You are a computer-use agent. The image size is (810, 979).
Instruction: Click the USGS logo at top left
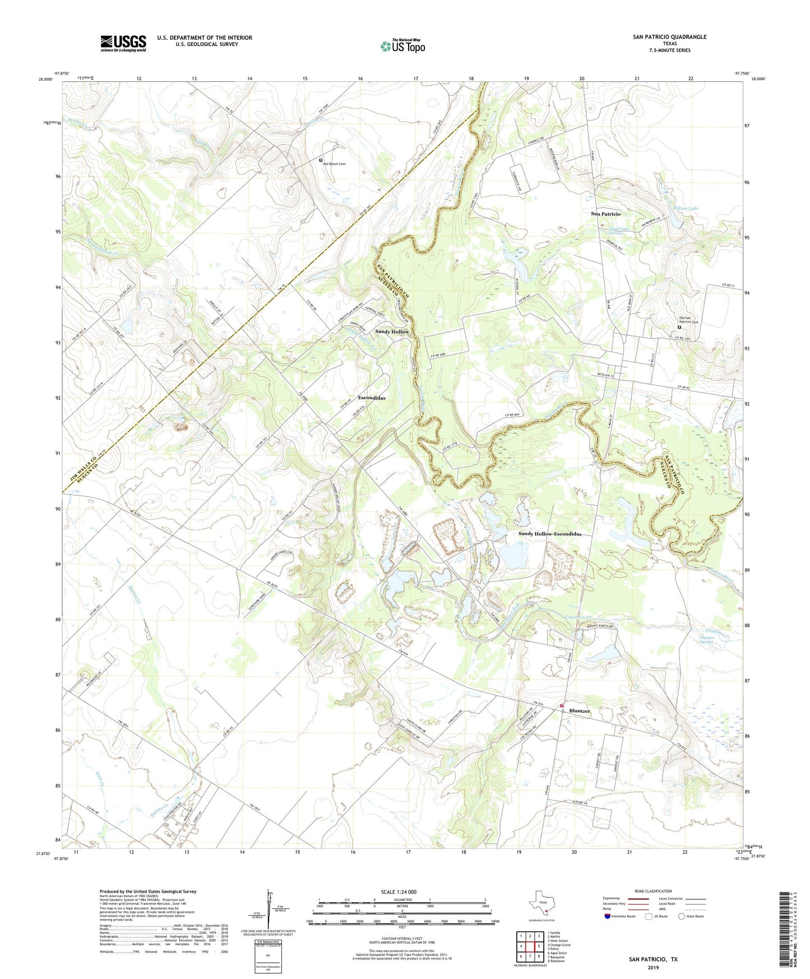(123, 43)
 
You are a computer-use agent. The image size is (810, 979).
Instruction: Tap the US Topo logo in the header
(402, 46)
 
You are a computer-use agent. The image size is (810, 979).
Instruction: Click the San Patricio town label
(605, 214)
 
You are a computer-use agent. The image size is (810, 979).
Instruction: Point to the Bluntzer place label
(580, 711)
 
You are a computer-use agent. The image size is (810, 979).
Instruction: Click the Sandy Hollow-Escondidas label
(549, 534)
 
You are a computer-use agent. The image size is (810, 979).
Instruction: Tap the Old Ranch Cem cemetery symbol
(321, 160)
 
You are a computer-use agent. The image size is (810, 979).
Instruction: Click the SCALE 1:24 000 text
(397, 892)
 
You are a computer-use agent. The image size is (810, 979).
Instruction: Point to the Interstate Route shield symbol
(608, 916)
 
